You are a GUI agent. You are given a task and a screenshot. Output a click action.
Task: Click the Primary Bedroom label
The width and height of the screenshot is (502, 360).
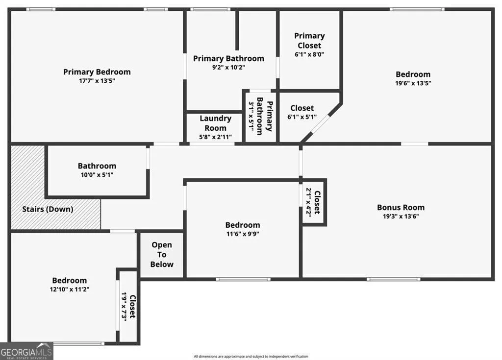point(97,72)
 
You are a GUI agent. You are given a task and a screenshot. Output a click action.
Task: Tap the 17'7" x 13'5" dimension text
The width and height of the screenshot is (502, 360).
point(97,81)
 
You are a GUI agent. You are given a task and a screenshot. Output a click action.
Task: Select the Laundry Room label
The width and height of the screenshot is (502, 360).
point(216,123)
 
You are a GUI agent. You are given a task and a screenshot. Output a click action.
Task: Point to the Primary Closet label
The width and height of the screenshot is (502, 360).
point(309,41)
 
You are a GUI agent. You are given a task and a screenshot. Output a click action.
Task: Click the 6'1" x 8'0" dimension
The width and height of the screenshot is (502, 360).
point(309,54)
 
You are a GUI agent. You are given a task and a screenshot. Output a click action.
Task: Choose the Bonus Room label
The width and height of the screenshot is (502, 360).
point(401,207)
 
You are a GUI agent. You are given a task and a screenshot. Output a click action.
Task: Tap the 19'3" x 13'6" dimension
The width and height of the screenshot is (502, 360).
point(401,216)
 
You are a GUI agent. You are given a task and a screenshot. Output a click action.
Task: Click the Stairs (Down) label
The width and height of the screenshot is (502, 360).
point(48,209)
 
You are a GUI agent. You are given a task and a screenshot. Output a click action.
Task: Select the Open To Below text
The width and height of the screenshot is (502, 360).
point(162,255)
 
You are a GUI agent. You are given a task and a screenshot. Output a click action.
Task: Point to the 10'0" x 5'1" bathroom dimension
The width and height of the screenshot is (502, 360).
point(97,175)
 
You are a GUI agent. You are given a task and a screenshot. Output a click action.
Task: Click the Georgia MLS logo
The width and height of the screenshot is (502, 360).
point(26,351)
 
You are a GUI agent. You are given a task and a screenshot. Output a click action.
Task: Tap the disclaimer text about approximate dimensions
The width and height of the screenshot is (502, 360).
point(251,357)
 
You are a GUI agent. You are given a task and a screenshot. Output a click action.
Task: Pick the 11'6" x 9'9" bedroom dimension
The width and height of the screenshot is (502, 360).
point(243,234)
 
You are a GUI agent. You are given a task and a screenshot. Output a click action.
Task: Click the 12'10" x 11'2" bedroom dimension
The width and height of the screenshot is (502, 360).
point(70,289)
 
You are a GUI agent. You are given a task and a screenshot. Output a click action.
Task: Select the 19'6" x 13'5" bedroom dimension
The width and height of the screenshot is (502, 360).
point(413,83)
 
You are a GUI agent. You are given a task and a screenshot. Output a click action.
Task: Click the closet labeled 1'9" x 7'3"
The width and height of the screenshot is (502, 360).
point(128,306)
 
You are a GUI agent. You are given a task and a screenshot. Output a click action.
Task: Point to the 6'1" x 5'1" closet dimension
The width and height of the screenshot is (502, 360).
point(302,117)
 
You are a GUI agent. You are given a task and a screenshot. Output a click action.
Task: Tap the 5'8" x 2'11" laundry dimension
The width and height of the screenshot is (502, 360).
point(216,137)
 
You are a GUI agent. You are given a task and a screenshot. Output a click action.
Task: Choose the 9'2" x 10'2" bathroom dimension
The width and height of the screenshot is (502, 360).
point(228,68)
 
